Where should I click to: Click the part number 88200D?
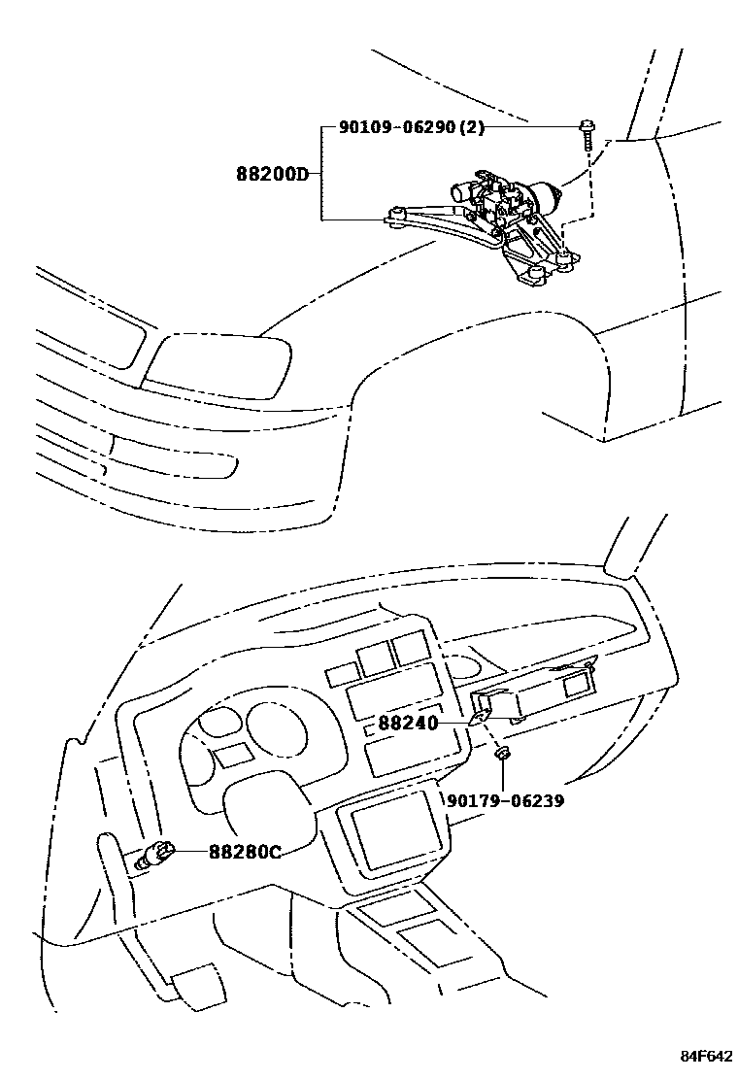click(271, 175)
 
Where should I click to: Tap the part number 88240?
click(408, 724)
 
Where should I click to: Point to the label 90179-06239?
click(505, 801)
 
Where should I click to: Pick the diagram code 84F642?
click(704, 1056)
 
